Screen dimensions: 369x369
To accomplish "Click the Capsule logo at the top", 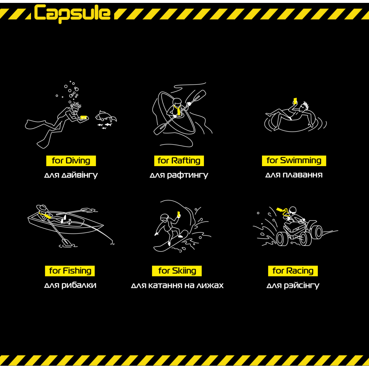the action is [72, 13].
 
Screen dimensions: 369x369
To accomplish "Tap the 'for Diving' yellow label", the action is [71, 161].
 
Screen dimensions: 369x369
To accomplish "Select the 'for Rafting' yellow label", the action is [179, 161].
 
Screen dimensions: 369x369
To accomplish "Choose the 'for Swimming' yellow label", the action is [294, 161].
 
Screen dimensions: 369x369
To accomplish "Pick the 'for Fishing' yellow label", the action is [70, 271].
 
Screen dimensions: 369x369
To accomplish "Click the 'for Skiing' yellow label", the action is [177, 271].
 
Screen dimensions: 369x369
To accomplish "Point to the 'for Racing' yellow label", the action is [293, 271].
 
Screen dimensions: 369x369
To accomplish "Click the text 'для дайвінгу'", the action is [71, 175].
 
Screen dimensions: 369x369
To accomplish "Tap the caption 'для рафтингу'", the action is [179, 175].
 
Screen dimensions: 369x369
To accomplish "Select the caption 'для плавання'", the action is [294, 175].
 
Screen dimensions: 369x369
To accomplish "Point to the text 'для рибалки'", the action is [70, 285].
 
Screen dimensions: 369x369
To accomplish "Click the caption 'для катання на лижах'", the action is [177, 285].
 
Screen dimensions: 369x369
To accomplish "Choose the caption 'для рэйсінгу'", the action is [293, 285].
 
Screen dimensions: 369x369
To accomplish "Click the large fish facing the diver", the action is [106, 116].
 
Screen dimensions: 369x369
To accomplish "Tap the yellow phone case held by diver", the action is [84, 117].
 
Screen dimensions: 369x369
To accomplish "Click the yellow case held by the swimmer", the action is [295, 101].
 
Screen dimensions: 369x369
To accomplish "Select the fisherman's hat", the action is [42, 208].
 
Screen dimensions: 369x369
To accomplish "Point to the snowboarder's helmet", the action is [164, 217].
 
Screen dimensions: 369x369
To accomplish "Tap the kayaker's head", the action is [177, 102].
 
